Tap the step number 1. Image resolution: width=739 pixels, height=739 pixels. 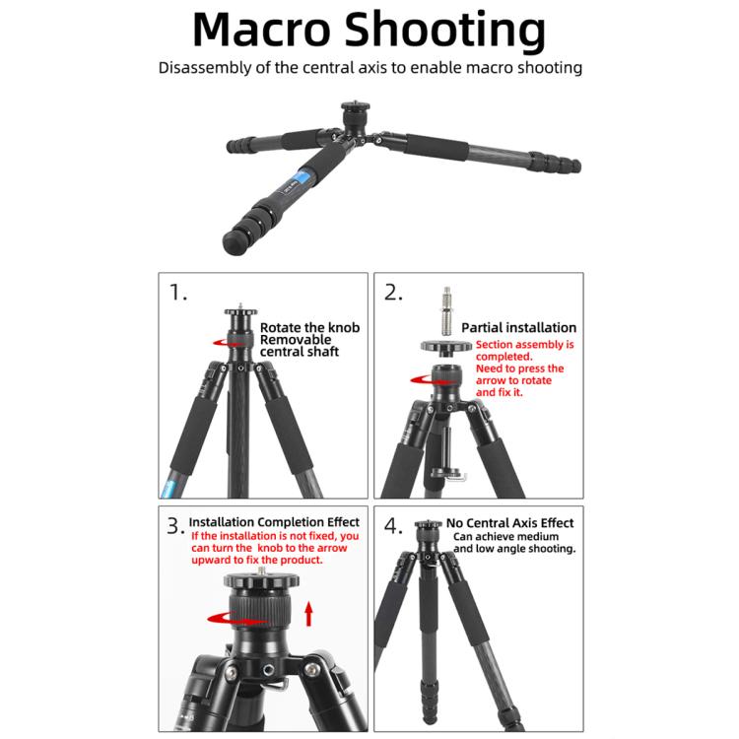177,293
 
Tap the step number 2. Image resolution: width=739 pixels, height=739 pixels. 393,293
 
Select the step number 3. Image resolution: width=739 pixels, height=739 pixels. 174,528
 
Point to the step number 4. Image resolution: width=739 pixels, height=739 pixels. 393,528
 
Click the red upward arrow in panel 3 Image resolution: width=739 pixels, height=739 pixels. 308,615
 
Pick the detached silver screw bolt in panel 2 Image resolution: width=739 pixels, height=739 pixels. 445,310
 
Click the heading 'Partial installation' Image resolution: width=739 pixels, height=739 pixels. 518,328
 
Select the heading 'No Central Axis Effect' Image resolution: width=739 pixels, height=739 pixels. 509,523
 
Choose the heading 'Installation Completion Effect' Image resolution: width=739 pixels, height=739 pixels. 274,521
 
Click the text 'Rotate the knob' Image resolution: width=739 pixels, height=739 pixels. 309,327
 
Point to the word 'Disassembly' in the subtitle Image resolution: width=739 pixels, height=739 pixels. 202,68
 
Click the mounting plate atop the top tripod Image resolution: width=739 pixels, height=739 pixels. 352,105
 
